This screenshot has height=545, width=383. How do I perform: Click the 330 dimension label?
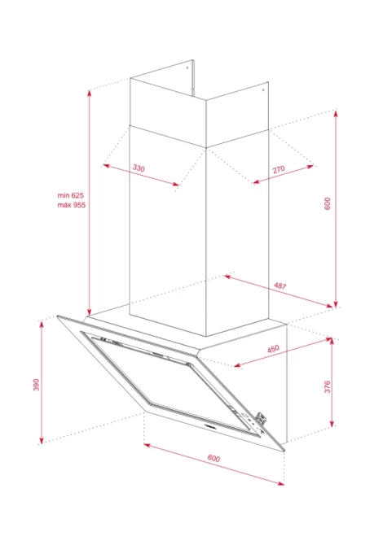point(139,168)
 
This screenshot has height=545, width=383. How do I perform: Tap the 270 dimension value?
point(279,170)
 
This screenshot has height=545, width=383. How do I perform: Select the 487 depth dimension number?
point(280,286)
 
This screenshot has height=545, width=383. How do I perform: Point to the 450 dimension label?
point(273,349)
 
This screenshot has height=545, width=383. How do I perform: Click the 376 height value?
point(328,387)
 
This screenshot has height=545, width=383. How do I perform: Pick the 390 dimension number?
point(36,385)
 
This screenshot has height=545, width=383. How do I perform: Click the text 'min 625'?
point(71,195)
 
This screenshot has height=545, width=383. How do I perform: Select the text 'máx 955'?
point(72,205)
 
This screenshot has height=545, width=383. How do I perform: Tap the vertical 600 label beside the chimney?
point(328,203)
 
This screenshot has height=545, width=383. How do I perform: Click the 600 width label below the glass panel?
point(214,458)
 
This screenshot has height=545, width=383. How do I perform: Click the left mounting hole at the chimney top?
point(187,68)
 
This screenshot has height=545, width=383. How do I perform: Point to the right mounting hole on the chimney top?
point(263,90)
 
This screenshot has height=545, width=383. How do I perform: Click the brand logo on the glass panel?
point(209,425)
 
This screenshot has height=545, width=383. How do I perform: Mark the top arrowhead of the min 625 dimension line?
point(90,93)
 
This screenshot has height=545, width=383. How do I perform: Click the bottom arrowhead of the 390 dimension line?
point(42,441)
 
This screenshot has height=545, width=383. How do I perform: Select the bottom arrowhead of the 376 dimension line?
point(332,423)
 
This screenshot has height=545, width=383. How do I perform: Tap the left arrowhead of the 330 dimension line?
point(106,165)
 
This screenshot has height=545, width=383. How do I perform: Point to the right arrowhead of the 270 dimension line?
point(310,167)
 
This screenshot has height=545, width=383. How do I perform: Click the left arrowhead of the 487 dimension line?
point(227,277)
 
